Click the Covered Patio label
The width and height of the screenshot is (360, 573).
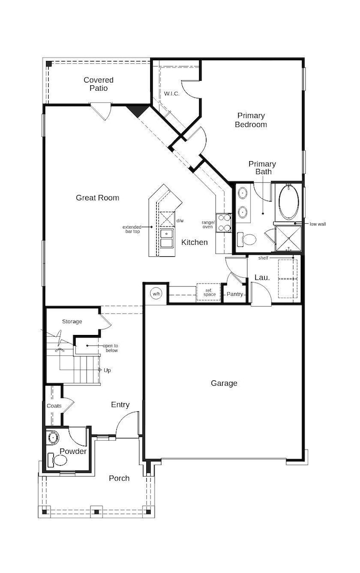coord(99,84)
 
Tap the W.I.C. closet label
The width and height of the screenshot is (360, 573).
coord(172,94)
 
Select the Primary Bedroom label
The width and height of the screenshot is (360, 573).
coord(251,120)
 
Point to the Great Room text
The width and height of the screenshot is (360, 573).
coord(97,198)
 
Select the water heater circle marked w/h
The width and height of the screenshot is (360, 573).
coord(156,293)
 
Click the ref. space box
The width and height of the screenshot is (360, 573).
coord(209,292)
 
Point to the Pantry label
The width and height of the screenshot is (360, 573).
coord(235,294)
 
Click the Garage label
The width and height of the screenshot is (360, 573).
coord(224,383)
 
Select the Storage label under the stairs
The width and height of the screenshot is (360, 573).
coord(72,322)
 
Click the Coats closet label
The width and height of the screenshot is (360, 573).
coord(54,406)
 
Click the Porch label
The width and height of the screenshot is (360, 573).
coord(119,478)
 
